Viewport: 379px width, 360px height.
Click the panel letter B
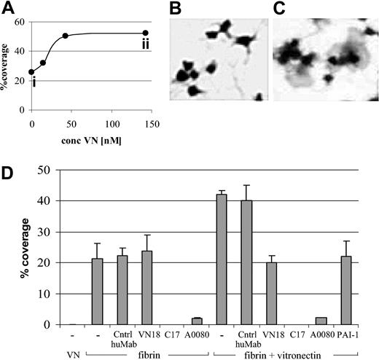pos(176,8)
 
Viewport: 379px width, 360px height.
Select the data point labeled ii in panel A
pos(145,33)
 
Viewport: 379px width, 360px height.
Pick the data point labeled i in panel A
pos(31,72)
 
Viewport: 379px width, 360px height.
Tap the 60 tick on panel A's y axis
pos(20,22)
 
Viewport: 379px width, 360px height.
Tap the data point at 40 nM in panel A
pos(65,36)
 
